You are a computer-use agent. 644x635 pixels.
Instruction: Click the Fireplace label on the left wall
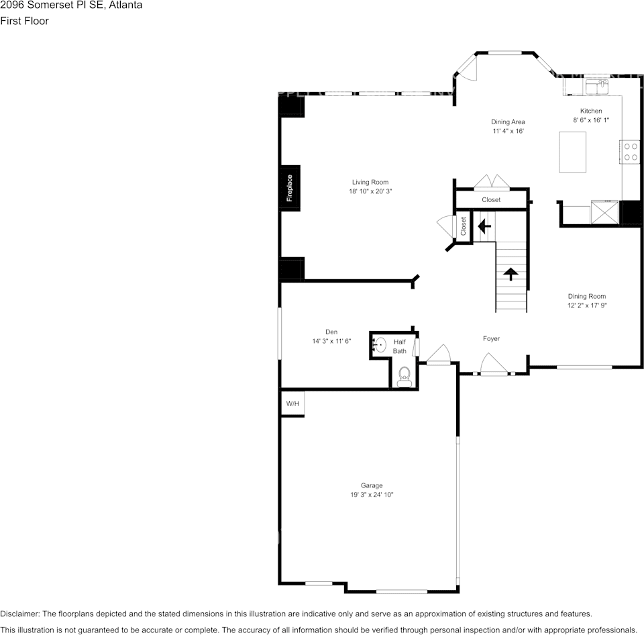click(290, 188)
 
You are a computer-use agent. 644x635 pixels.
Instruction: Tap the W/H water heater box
click(292, 403)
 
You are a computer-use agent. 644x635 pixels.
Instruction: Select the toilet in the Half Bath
click(404, 377)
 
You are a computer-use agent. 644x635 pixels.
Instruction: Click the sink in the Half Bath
click(380, 345)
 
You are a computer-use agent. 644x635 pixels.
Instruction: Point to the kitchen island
click(572, 152)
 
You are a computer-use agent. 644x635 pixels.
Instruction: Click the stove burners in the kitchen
click(631, 151)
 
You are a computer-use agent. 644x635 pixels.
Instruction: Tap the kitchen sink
click(596, 87)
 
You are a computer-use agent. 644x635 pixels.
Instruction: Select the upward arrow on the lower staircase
click(511, 273)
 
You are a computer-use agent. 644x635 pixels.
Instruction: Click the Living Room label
click(370, 182)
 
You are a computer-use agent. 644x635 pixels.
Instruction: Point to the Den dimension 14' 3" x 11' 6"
click(331, 341)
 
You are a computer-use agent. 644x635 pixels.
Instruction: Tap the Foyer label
click(491, 339)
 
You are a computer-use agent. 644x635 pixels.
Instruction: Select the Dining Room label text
click(587, 296)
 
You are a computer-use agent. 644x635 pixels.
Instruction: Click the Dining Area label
click(508, 121)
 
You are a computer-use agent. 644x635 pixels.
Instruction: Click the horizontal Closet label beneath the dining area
click(491, 200)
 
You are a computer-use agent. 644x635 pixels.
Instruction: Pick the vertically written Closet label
click(463, 226)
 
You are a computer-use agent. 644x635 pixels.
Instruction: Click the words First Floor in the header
click(24, 21)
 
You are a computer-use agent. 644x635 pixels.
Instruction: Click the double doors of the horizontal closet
click(491, 183)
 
